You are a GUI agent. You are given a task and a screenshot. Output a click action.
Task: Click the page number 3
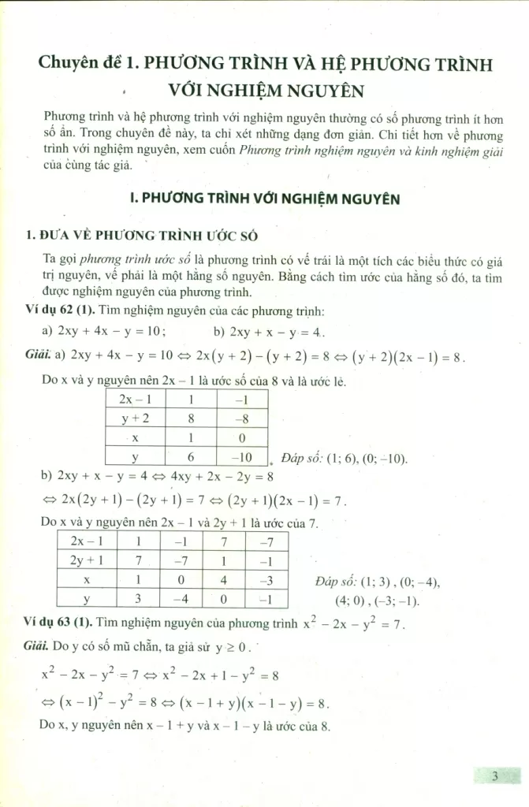[x=495, y=776]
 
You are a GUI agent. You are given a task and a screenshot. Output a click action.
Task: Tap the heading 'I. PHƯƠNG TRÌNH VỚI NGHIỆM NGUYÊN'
[x=264, y=199]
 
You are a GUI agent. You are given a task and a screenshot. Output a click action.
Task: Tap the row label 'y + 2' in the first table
[x=136, y=418]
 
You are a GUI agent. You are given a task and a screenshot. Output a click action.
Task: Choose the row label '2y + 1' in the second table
[x=88, y=560]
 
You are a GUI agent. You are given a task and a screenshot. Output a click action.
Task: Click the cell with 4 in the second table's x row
[x=224, y=580]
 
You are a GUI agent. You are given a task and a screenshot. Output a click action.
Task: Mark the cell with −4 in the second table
[x=181, y=600]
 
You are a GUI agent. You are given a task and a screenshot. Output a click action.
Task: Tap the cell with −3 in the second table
[x=266, y=580]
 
